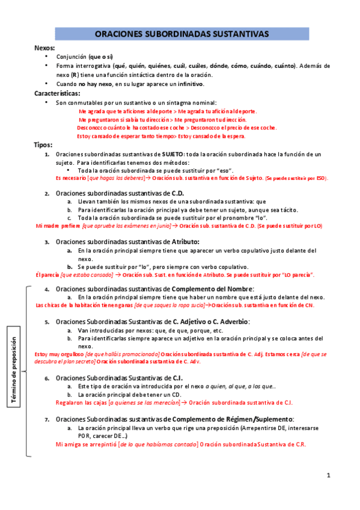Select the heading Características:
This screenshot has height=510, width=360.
56,94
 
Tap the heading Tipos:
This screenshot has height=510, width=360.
43,145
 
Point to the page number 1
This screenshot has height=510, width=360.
329,475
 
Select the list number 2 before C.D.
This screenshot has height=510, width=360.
47,193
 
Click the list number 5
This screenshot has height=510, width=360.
47,322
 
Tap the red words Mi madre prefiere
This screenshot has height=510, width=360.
58,226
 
